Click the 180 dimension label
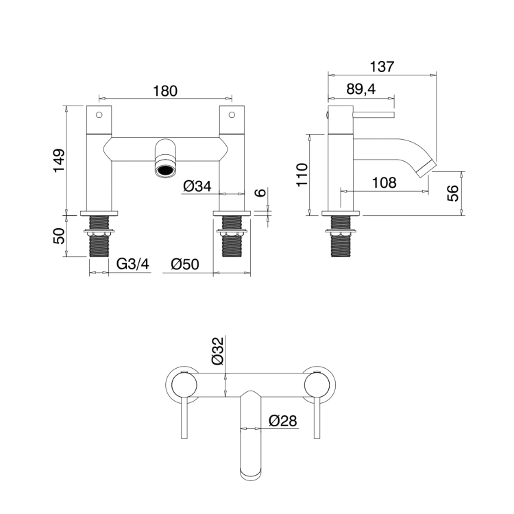click(x=165, y=90)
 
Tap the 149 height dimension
click(x=60, y=160)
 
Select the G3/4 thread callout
click(x=133, y=264)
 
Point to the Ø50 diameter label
click(x=185, y=265)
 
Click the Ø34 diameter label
click(x=197, y=186)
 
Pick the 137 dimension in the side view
click(x=382, y=66)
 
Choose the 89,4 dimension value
click(x=361, y=89)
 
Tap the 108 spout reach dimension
click(x=384, y=182)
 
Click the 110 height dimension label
click(x=302, y=175)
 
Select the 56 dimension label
click(x=452, y=193)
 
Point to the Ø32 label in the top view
click(x=218, y=351)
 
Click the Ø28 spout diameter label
click(x=282, y=421)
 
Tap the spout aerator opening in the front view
click(x=165, y=170)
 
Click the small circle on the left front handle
click(x=99, y=114)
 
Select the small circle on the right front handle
click(x=232, y=114)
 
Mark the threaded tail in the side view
click(x=341, y=236)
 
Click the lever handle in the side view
click(x=374, y=114)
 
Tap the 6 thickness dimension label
click(x=260, y=192)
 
